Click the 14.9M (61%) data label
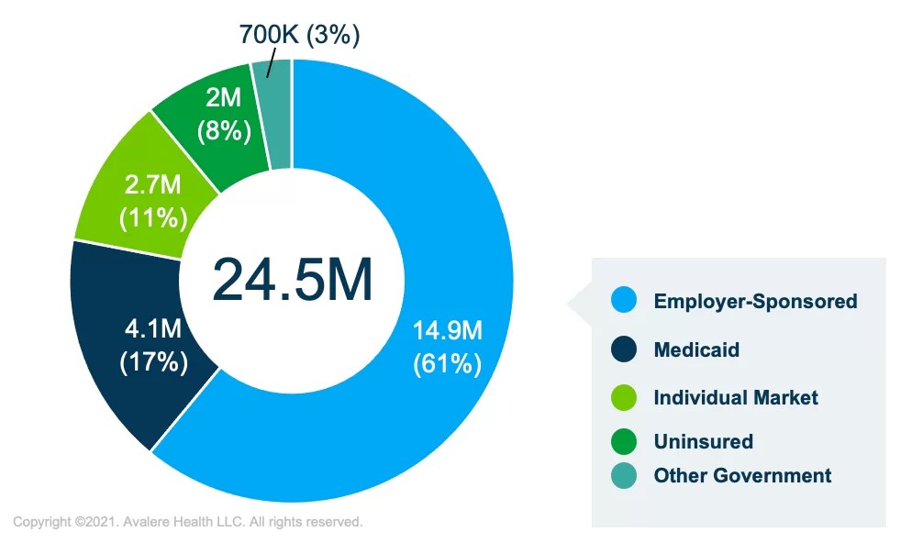[x=447, y=346]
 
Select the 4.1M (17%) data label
[x=154, y=344]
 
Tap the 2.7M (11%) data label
[x=154, y=201]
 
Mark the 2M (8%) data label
[x=223, y=115]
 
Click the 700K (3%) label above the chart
[x=299, y=35]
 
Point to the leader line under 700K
[x=271, y=64]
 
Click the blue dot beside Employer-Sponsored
[x=624, y=301]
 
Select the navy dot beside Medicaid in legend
[x=624, y=349]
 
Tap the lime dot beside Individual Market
[x=624, y=397]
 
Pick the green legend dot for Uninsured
[x=624, y=441]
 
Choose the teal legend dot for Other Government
[x=624, y=475]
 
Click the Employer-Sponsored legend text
[x=755, y=301]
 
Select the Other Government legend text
[x=742, y=475]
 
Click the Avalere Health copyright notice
[x=187, y=522]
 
